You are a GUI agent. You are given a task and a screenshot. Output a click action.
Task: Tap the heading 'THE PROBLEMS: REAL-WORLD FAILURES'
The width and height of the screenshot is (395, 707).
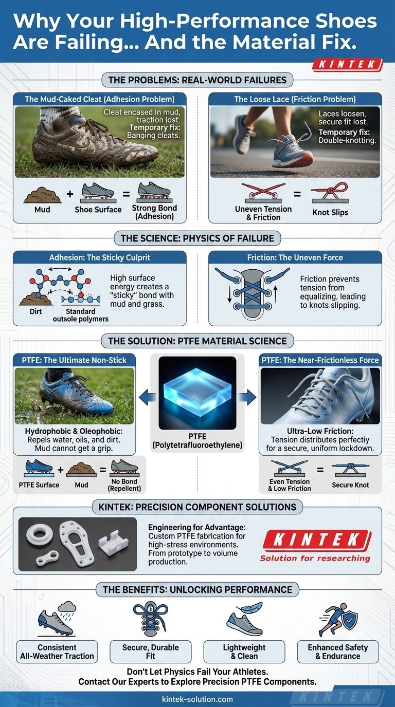pos(197,80)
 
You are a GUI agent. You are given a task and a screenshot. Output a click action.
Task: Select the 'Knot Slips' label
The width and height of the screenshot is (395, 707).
pos(330,212)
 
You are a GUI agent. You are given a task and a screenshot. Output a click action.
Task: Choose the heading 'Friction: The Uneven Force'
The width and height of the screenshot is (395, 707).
pos(295,258)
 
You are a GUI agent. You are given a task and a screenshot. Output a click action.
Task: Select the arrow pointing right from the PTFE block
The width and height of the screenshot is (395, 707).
pos(249,396)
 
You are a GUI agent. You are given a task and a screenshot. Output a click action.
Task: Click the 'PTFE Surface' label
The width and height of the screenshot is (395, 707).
pos(39,485)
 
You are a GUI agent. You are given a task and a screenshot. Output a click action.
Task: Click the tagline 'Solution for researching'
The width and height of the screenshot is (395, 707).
pos(315,559)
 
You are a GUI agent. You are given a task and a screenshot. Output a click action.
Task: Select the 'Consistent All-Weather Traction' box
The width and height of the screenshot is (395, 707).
pos(57,652)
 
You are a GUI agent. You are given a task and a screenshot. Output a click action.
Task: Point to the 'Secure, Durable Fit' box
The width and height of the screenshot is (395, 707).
pos(151,652)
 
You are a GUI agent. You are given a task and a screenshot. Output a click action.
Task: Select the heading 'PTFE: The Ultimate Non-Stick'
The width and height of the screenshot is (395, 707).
pos(74,360)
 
